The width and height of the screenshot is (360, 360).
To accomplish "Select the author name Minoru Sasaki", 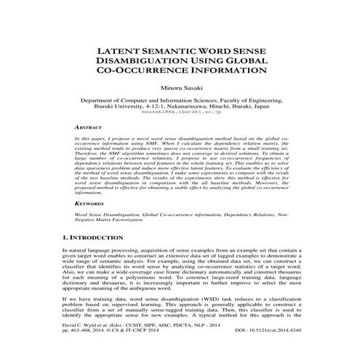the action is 180,91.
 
